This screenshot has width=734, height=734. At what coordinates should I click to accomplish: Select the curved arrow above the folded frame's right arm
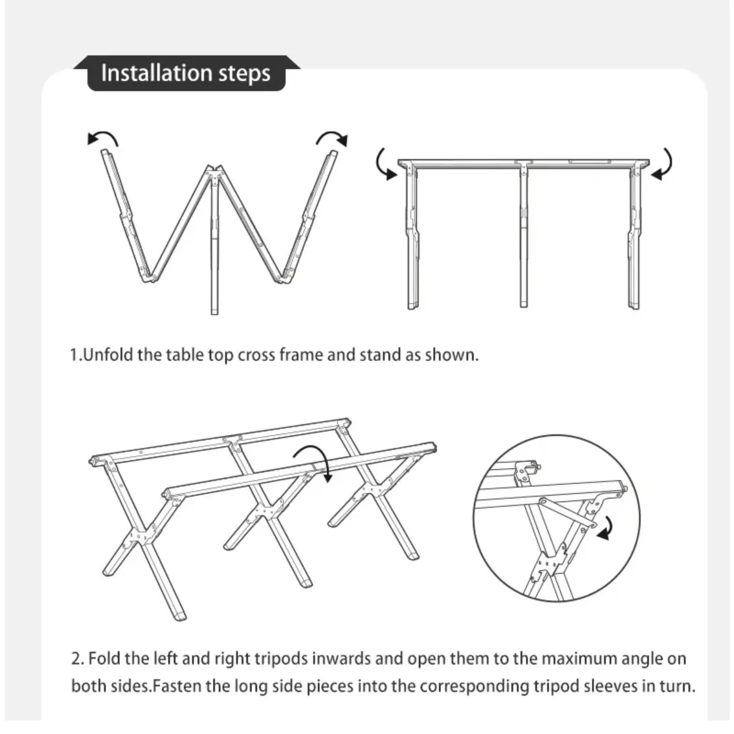click(332, 137)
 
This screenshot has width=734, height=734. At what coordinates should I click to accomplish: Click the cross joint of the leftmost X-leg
click(142, 536)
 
